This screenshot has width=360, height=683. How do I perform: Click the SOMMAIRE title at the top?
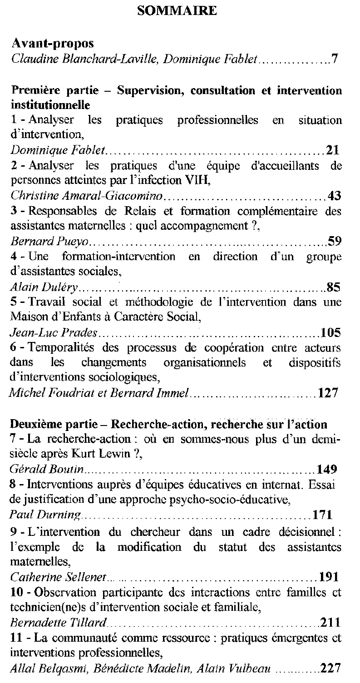coord(177,10)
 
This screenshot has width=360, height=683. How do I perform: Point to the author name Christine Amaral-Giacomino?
coord(86,196)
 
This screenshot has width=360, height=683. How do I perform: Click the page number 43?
coord(334,196)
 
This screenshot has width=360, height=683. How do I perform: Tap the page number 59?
coord(334,241)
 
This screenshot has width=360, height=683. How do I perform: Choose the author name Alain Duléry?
coord(44,287)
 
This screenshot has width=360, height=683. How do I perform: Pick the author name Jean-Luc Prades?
coord(54,333)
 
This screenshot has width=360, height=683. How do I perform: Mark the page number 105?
coord(330,333)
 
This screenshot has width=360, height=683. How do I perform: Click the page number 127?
coord(329,392)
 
